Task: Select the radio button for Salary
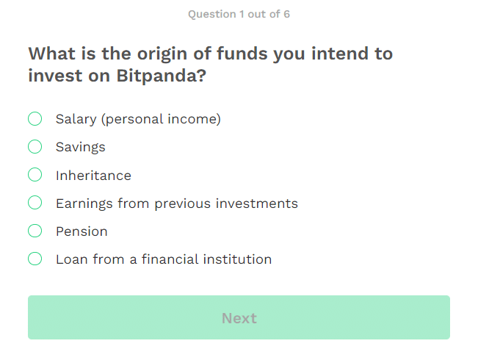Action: (x=35, y=118)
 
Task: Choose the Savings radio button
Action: (x=35, y=147)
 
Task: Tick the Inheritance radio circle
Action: (x=35, y=175)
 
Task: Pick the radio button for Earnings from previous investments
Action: (x=35, y=203)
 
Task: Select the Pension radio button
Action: (x=35, y=231)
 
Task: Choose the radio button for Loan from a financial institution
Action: (x=35, y=259)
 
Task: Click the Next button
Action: (x=239, y=317)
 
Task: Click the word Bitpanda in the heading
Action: (x=162, y=76)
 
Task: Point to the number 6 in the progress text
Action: (x=286, y=14)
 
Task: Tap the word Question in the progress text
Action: (x=212, y=14)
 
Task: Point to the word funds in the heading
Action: (x=242, y=54)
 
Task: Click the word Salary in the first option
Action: (x=76, y=119)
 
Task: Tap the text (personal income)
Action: (x=161, y=119)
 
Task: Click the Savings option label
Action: (x=81, y=147)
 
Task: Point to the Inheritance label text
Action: (x=93, y=176)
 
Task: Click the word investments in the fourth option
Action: (x=257, y=204)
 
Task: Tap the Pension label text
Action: (x=81, y=231)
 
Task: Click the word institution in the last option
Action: (x=238, y=259)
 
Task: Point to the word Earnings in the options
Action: (x=84, y=204)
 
